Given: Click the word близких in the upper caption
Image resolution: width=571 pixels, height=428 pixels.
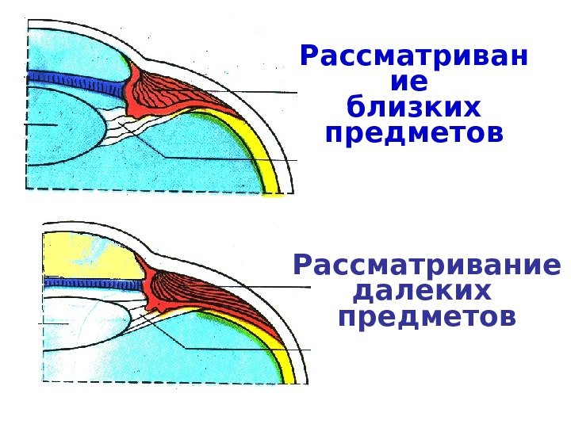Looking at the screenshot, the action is point(415,106).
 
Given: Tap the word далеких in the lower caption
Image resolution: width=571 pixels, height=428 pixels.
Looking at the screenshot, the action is point(421,291).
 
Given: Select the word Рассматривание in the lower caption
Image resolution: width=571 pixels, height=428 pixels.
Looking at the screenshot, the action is point(426,264).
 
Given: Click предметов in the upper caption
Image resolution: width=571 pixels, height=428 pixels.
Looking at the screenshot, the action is point(415,132).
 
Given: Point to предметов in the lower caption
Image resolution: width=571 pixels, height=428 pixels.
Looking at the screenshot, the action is point(426,317).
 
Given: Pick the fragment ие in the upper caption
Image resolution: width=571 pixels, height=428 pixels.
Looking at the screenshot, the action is point(410,82).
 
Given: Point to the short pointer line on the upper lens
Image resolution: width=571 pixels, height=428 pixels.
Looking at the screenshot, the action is point(40,125).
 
